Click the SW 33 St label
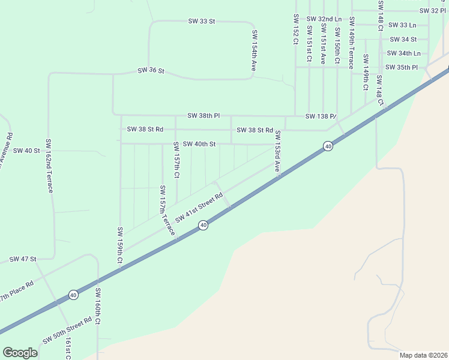click(x=201, y=21)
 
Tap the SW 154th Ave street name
click(x=255, y=52)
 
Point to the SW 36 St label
click(x=151, y=70)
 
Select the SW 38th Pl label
click(x=204, y=115)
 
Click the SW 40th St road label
click(x=199, y=144)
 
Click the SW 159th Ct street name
click(x=120, y=245)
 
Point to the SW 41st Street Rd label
click(x=195, y=210)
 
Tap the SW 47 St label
click(x=23, y=259)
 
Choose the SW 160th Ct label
click(x=98, y=307)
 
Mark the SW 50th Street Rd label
click(x=67, y=331)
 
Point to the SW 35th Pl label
click(x=402, y=67)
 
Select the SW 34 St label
click(x=403, y=40)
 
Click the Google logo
click(x=20, y=353)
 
